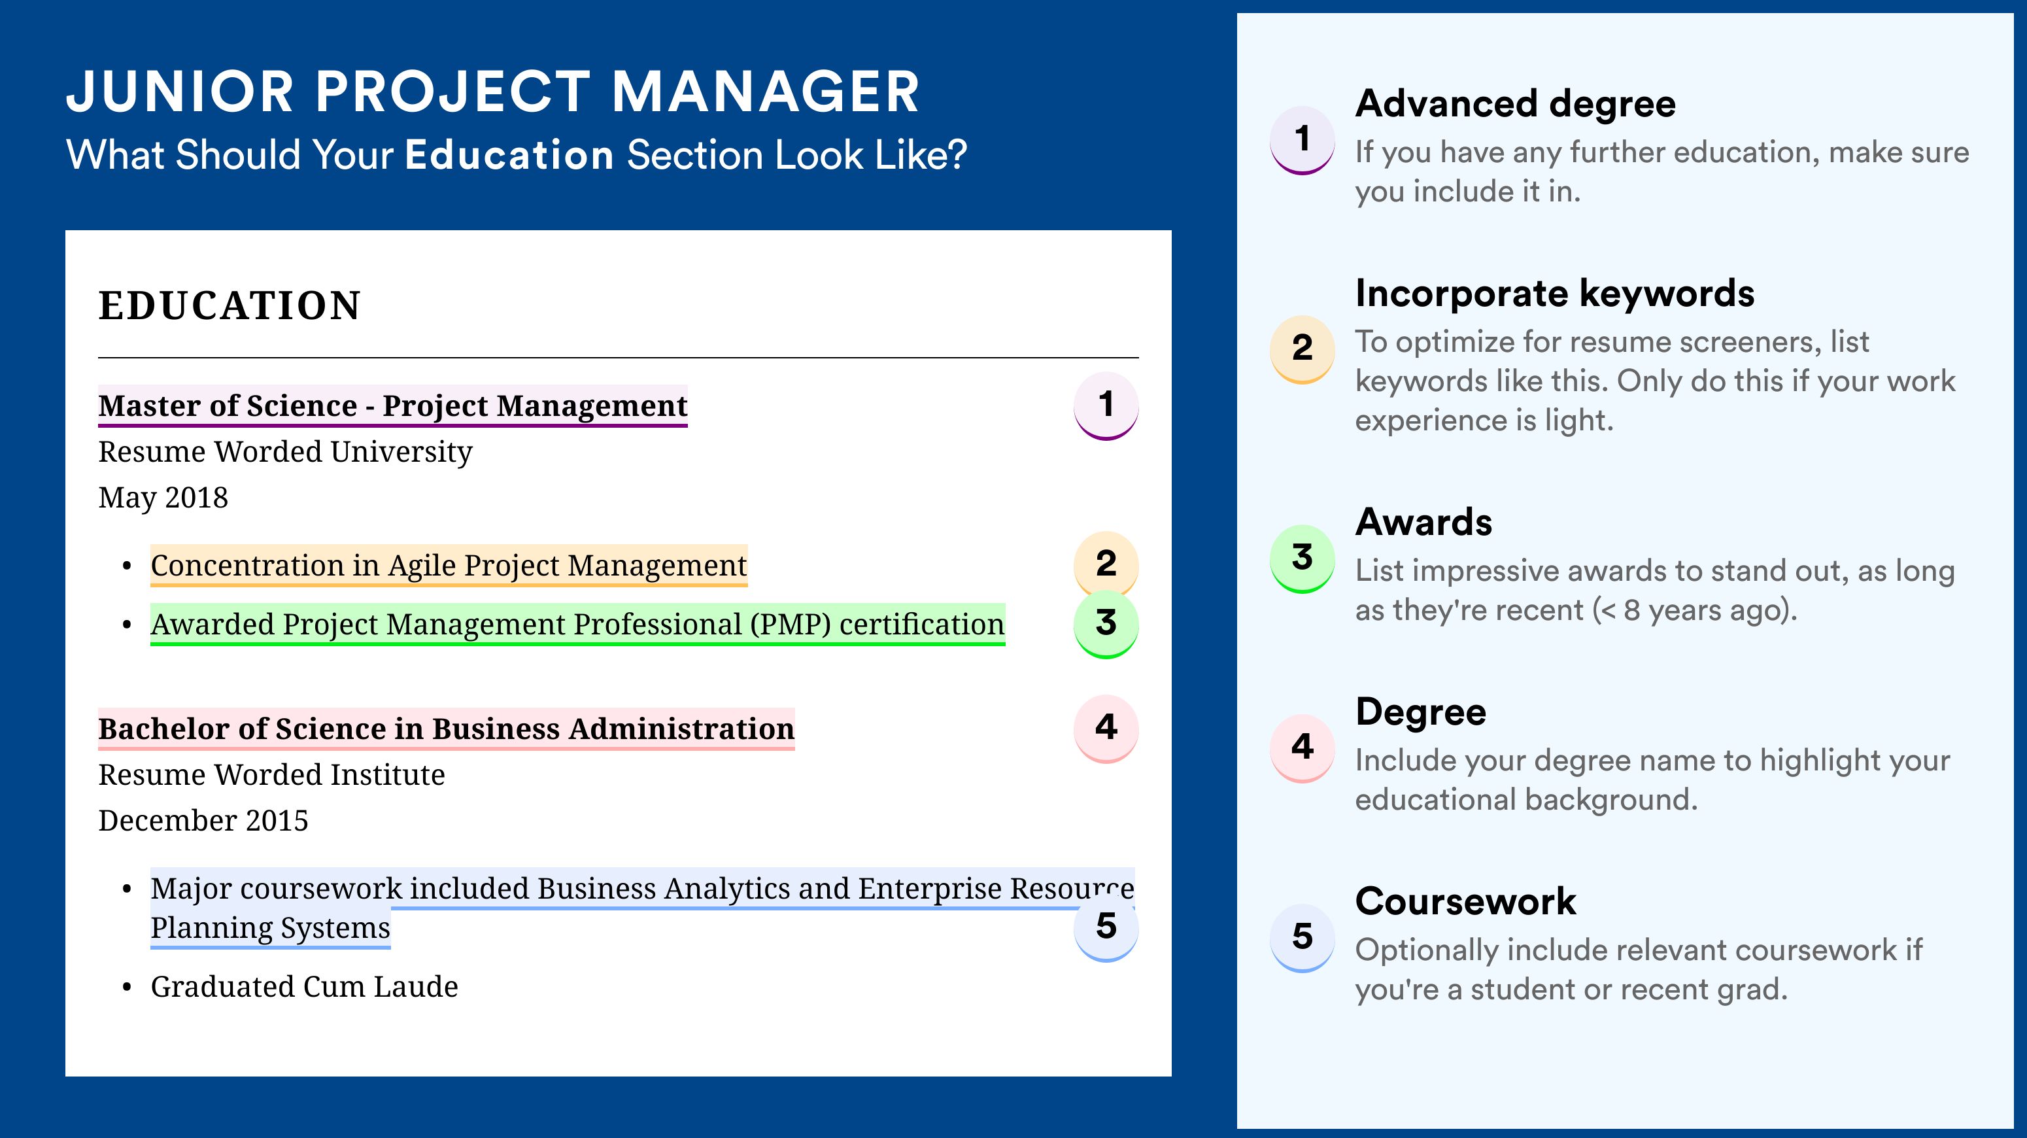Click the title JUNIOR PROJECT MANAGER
(492, 92)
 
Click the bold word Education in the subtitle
(509, 154)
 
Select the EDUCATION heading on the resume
(229, 305)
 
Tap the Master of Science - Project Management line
(393, 405)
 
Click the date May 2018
(163, 497)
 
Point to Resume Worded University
(285, 452)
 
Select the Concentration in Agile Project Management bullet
(449, 565)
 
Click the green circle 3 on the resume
(1106, 623)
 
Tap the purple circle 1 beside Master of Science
(1106, 405)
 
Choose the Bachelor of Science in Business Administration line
(446, 729)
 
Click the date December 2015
(203, 820)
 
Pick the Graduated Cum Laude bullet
(304, 986)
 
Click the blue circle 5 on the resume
(1106, 927)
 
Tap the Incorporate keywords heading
(1555, 294)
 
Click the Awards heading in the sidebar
(1423, 522)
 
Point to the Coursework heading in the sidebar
(1465, 901)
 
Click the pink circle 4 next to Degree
(1303, 748)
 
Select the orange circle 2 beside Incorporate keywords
(1303, 349)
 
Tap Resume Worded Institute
(271, 774)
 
